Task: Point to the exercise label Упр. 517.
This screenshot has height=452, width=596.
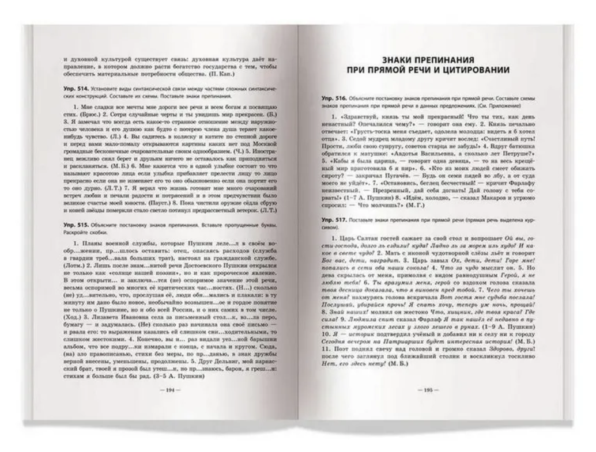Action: tap(334, 221)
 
